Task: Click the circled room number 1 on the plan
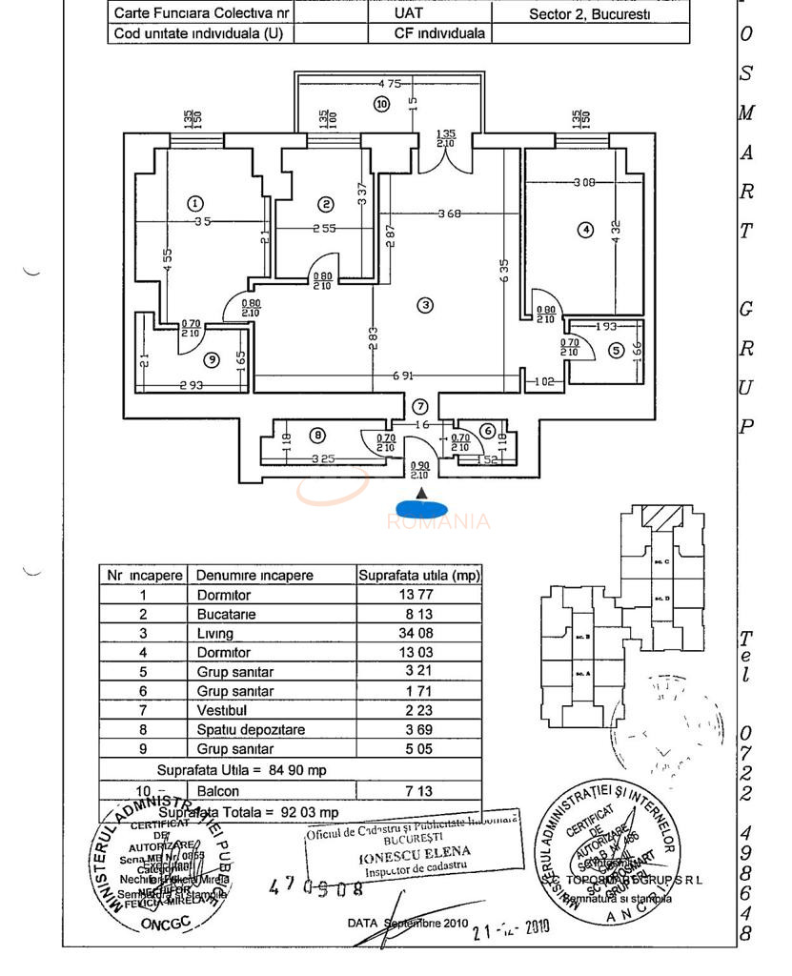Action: point(195,203)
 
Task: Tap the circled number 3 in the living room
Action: point(425,305)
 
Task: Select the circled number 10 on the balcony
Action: point(382,104)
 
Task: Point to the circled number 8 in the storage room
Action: point(317,436)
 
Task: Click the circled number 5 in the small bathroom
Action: point(616,351)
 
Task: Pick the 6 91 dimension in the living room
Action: point(402,376)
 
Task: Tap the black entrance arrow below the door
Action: point(422,492)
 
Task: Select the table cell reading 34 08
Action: point(419,633)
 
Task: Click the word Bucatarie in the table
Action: point(223,615)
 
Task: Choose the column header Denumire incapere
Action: point(254,576)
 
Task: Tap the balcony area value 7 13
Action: point(419,791)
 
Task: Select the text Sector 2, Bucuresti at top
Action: point(590,14)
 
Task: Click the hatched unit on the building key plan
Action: point(657,518)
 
